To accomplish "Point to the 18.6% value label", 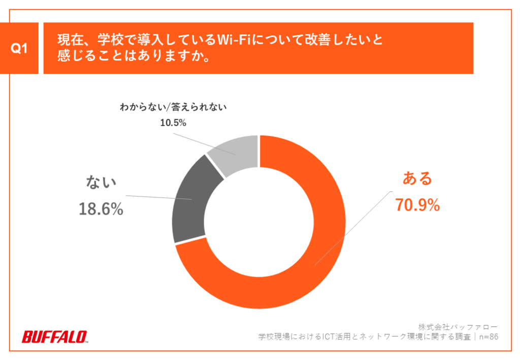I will [101, 209].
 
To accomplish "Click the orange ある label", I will [417, 178].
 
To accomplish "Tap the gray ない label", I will [101, 181].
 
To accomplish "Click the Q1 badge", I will [19, 48].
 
